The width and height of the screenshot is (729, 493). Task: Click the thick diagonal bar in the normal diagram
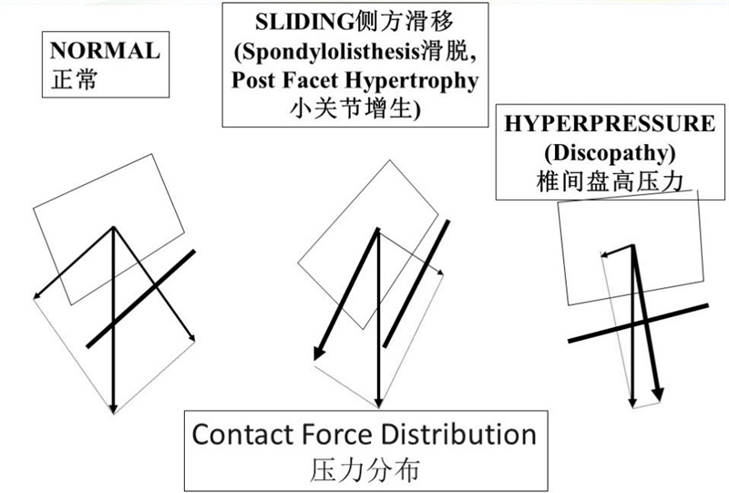click(141, 298)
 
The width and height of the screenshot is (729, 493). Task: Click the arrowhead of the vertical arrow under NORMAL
click(113, 409)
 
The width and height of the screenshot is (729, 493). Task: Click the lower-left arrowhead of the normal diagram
click(36, 294)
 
